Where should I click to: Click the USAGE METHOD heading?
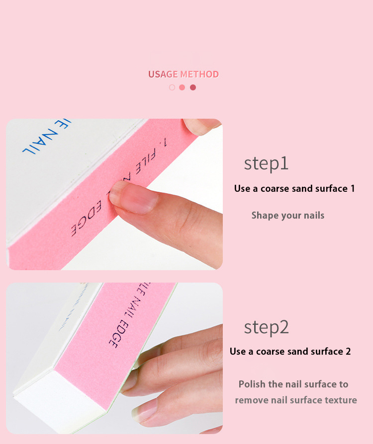pyautogui.click(x=184, y=74)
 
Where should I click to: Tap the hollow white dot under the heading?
pyautogui.click(x=172, y=87)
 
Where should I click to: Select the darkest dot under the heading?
pyautogui.click(x=193, y=87)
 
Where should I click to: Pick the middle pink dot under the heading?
pyautogui.click(x=182, y=87)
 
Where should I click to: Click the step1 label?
pyautogui.click(x=266, y=163)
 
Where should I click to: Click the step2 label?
pyautogui.click(x=266, y=327)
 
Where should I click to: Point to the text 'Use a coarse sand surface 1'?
pyautogui.click(x=294, y=189)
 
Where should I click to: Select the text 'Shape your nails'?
pyautogui.click(x=287, y=216)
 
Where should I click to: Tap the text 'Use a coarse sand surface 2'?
pyautogui.click(x=290, y=352)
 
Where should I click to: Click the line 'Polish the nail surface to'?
pyautogui.click(x=293, y=384)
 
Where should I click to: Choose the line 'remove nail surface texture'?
pyautogui.click(x=296, y=400)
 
